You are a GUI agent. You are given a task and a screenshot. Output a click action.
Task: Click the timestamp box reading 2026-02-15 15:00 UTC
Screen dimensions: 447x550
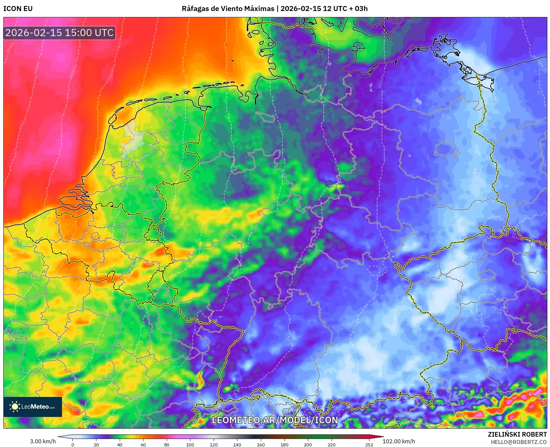[59, 33]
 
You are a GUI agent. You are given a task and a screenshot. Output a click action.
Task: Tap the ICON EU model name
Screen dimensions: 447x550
[18, 9]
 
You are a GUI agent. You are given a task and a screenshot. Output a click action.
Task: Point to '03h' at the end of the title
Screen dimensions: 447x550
[361, 9]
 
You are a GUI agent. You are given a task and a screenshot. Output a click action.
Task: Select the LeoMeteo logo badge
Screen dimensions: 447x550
[33, 407]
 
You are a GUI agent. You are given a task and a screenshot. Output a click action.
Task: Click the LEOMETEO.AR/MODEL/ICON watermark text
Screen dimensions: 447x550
[275, 420]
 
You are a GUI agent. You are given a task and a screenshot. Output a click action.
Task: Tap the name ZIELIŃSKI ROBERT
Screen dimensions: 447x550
[517, 434]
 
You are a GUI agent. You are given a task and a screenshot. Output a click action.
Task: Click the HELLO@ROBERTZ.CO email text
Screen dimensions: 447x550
[519, 442]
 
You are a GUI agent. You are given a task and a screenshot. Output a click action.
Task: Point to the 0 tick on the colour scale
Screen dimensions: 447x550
[73, 444]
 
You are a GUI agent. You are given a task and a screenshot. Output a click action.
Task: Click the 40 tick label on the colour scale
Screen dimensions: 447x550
[120, 444]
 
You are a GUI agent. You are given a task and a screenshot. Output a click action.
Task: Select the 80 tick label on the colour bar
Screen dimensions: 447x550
[167, 444]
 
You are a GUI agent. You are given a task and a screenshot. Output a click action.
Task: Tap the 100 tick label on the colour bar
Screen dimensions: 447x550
[190, 444]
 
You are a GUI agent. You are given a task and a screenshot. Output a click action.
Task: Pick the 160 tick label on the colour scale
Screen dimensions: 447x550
[261, 444]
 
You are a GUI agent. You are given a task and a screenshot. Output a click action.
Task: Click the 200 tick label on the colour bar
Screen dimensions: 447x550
[308, 444]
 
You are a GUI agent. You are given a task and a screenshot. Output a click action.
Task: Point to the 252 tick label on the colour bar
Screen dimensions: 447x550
[369, 444]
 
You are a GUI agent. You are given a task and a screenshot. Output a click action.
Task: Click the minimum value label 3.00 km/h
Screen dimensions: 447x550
[43, 441]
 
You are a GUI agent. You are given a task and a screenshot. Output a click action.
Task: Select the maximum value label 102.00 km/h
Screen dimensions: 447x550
[399, 441]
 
